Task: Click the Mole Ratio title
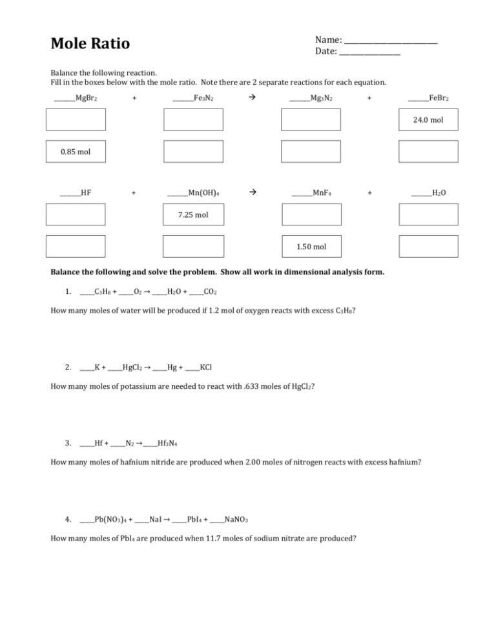click(x=90, y=44)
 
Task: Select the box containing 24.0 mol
click(x=428, y=119)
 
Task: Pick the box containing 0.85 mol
click(x=75, y=152)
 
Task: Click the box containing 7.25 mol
click(x=192, y=214)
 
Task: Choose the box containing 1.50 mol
click(x=311, y=246)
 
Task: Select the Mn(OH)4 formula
click(x=203, y=192)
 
